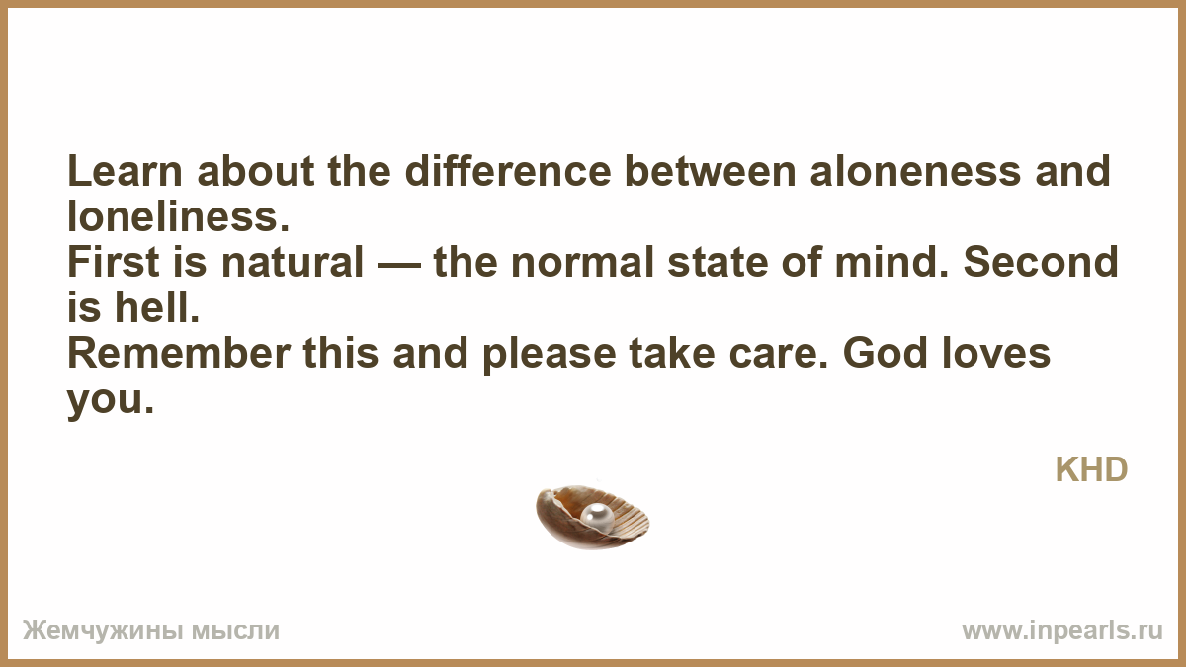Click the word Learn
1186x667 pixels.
pos(125,171)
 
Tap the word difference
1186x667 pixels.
pos(508,171)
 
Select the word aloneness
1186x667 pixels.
pos(915,171)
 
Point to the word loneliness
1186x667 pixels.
pos(179,216)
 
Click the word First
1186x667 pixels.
pos(114,262)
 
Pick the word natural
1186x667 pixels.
pos(293,262)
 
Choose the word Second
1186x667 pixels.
pos(1041,262)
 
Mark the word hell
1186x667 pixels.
pos(157,307)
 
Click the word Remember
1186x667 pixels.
pos(179,353)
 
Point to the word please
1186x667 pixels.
pos(550,355)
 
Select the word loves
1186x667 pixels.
pos(996,353)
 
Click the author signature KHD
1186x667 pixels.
pos(1091,469)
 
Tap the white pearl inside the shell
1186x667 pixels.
pos(597,516)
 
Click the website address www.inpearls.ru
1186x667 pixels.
pos(1062,631)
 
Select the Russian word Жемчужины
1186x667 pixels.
pos(102,631)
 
